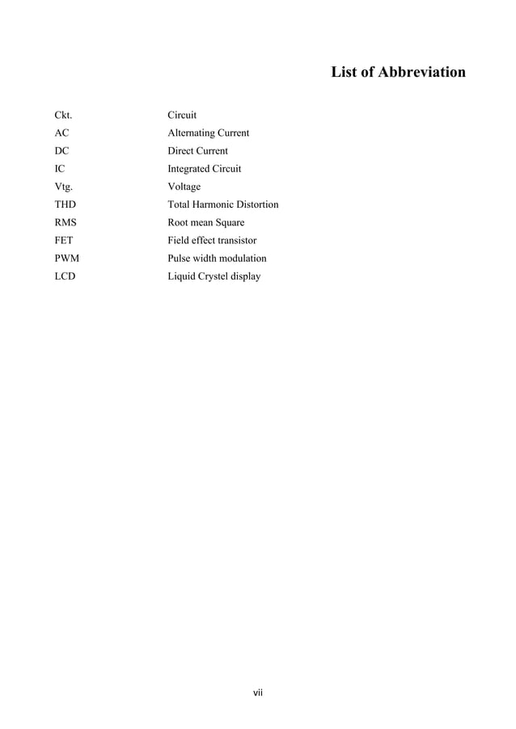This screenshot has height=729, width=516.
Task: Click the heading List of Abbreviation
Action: coord(398,73)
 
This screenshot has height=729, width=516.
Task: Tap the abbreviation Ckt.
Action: coord(63,116)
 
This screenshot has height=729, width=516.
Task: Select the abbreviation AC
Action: coord(61,133)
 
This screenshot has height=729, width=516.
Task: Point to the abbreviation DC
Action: coord(61,151)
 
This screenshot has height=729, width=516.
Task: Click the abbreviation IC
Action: coord(59,169)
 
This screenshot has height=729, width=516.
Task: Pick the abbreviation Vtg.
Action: coord(64,187)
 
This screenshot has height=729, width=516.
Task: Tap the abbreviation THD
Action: coord(65,204)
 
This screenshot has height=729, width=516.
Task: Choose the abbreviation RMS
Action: coord(66,222)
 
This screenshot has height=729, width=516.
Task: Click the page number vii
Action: coord(258,693)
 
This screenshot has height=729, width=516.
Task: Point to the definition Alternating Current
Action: coord(208,133)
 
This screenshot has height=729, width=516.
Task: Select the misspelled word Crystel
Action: coord(214,276)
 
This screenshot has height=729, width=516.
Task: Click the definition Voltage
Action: coord(184,187)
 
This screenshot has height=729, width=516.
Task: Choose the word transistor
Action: coord(234,240)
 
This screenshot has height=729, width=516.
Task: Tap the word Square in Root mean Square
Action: coord(229,222)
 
